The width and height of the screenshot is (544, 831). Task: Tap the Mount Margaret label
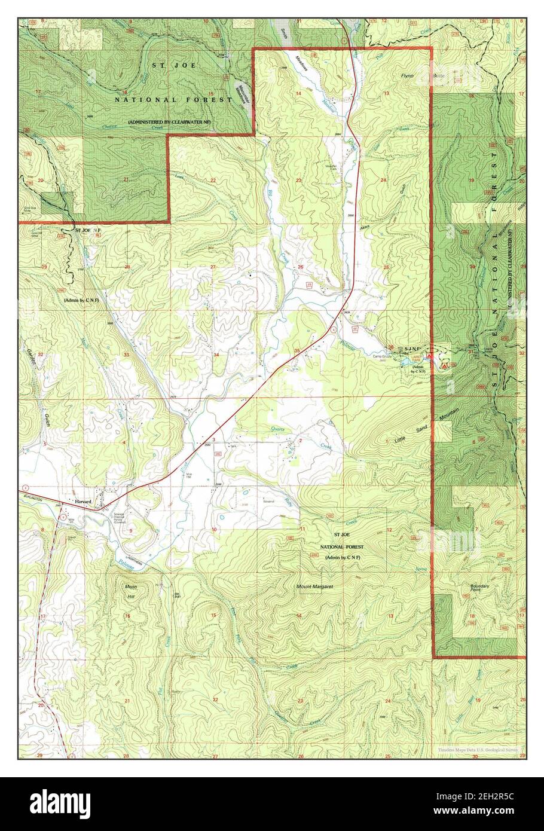click(x=314, y=586)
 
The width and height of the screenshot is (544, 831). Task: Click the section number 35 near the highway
click(x=297, y=350)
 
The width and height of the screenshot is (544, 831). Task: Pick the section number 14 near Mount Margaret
click(x=298, y=615)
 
